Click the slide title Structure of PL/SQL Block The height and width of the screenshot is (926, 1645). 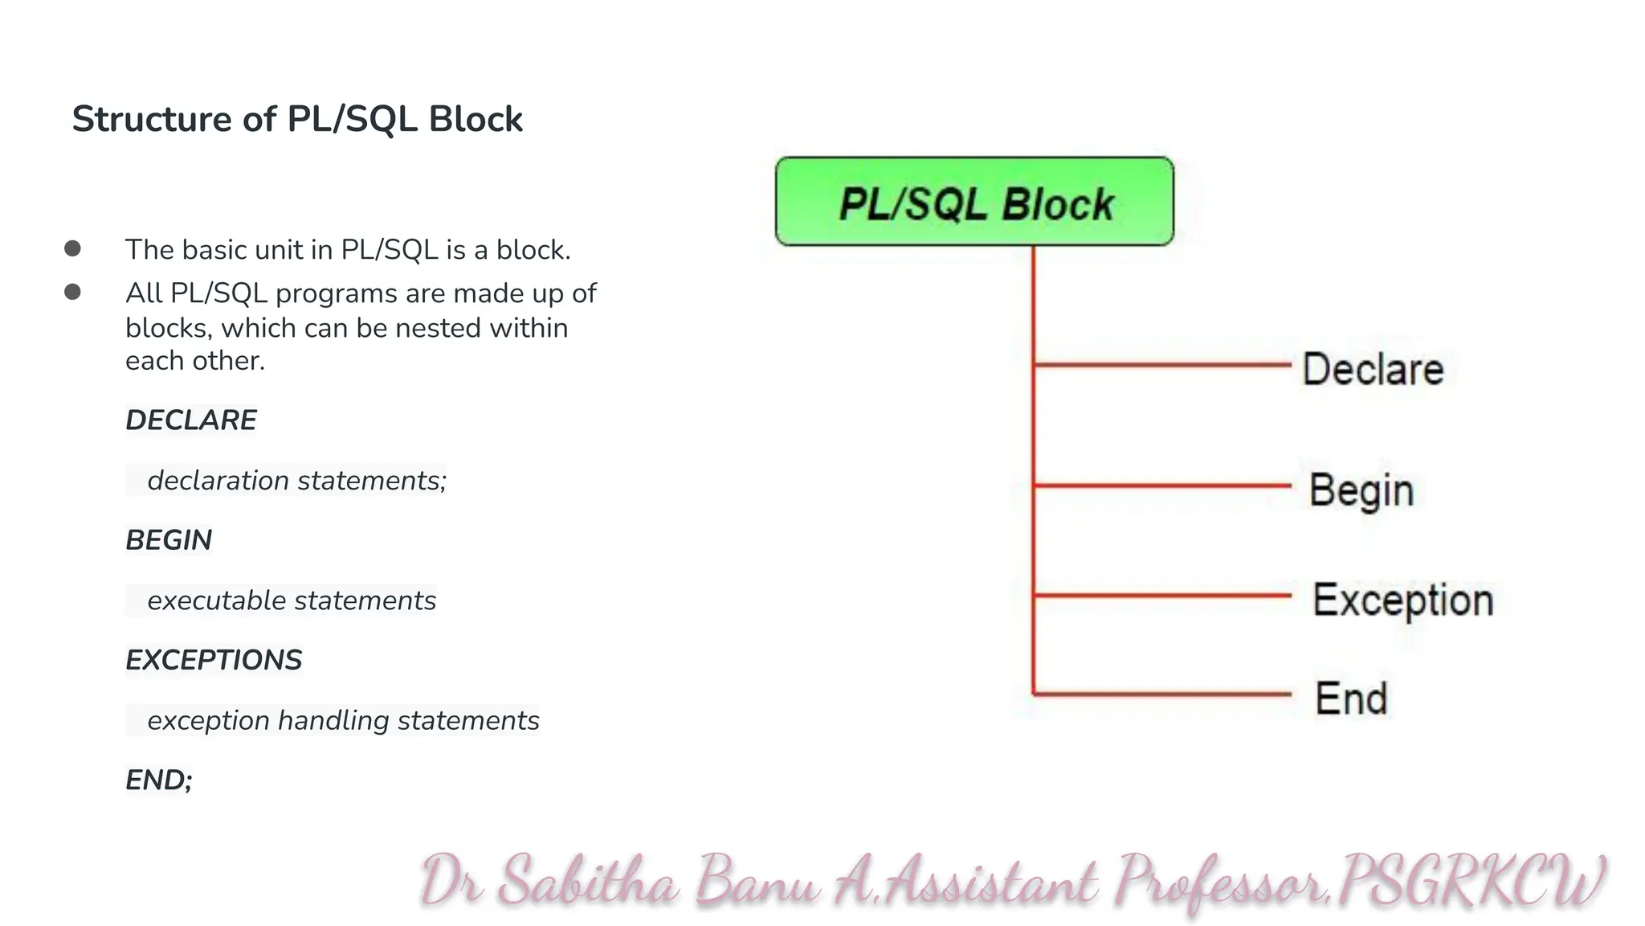pyautogui.click(x=297, y=119)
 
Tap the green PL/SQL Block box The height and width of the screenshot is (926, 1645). pyautogui.click(x=974, y=202)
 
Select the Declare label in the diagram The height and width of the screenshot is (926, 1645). pyautogui.click(x=1373, y=370)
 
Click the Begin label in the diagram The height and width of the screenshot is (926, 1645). pyautogui.click(x=1361, y=490)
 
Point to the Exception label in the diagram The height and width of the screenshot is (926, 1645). pyautogui.click(x=1403, y=600)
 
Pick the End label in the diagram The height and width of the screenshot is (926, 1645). pyautogui.click(x=1351, y=698)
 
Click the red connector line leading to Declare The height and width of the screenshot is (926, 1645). pyautogui.click(x=1162, y=365)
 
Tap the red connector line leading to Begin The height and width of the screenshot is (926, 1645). pyautogui.click(x=1162, y=486)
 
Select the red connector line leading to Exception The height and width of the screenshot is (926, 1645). pyautogui.click(x=1162, y=596)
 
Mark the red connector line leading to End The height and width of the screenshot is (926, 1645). pyautogui.click(x=1162, y=694)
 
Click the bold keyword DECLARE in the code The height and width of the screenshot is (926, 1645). pyautogui.click(x=191, y=420)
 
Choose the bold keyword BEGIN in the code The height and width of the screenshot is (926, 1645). pyautogui.click(x=169, y=540)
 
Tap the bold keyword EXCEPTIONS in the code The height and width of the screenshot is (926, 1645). pyautogui.click(x=214, y=660)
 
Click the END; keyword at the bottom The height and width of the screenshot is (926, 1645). pyautogui.click(x=159, y=780)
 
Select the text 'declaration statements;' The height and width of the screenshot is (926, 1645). pyautogui.click(x=296, y=481)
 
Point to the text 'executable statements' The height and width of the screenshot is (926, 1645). pyautogui.click(x=292, y=600)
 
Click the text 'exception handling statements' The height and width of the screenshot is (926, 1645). pyautogui.click(x=343, y=720)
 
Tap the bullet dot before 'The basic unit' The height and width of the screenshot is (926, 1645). pyautogui.click(x=73, y=248)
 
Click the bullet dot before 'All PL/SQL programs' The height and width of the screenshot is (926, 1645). pyautogui.click(x=73, y=292)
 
